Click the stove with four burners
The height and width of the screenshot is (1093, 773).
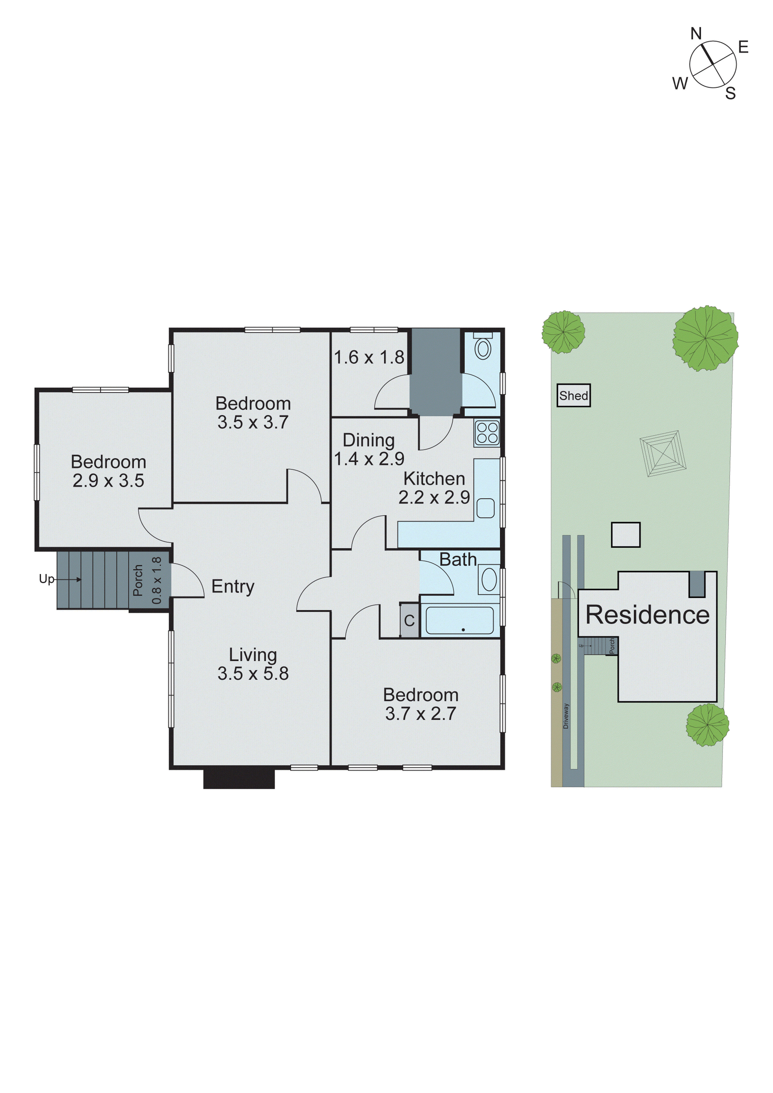(x=487, y=433)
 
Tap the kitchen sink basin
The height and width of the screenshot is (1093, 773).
(x=485, y=508)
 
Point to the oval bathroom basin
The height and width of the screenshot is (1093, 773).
(x=489, y=579)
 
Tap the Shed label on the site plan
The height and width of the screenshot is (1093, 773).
(x=574, y=396)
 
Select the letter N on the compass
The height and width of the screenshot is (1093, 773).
(x=696, y=34)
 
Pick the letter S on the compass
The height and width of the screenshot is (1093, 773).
(x=730, y=93)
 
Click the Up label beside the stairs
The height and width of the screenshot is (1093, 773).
(x=46, y=579)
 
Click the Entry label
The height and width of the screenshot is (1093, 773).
(x=233, y=587)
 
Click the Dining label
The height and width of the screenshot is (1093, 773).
(x=369, y=440)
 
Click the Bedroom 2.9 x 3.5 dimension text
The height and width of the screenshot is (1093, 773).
(x=108, y=481)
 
